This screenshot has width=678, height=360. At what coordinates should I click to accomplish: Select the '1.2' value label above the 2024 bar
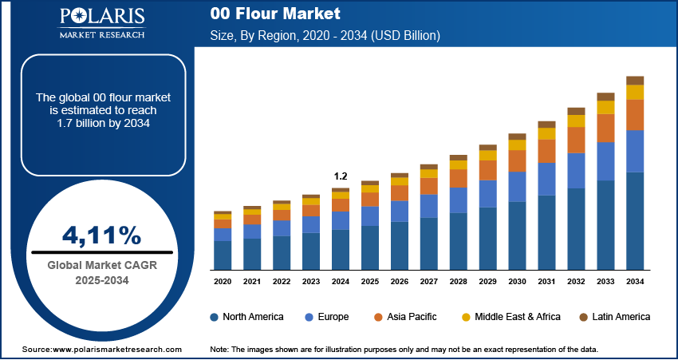click(341, 176)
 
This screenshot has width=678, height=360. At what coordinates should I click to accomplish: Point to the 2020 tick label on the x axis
click(223, 282)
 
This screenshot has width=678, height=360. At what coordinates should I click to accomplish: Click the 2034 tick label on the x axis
click(635, 282)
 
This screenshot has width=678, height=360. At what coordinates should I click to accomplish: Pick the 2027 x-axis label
click(428, 282)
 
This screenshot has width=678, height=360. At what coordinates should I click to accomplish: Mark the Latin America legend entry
click(614, 317)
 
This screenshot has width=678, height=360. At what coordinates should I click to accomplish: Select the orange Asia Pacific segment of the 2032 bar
click(576, 140)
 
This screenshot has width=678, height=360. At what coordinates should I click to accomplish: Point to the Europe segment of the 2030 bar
click(517, 187)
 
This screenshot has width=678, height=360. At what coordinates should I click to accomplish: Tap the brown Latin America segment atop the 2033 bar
click(605, 97)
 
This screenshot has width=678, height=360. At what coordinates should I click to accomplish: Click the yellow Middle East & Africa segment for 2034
click(635, 92)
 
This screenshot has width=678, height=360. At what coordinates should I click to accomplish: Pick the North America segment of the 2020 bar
click(223, 255)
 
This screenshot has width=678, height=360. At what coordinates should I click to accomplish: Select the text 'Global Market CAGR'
click(102, 266)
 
